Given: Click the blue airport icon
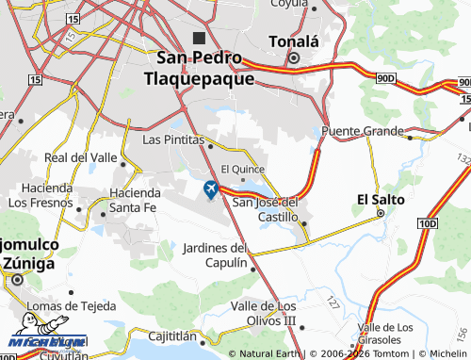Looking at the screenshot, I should pyautogui.click(x=209, y=189).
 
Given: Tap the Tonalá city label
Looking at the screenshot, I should pyautogui.click(x=294, y=41).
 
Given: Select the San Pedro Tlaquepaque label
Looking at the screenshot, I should pyautogui.click(x=204, y=68).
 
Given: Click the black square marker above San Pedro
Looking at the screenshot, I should pyautogui.click(x=199, y=39).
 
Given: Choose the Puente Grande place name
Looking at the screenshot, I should pyautogui.click(x=362, y=131).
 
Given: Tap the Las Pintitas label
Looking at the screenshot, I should pyautogui.click(x=172, y=139).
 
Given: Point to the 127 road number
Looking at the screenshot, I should pyautogui.click(x=332, y=303).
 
